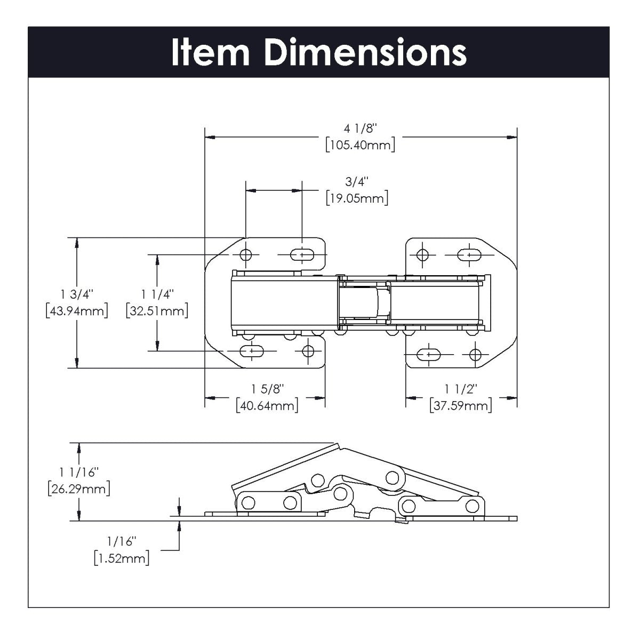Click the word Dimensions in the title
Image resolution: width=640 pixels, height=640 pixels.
click(365, 53)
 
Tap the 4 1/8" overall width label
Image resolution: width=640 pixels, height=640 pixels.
click(361, 129)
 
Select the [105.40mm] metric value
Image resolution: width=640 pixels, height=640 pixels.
click(361, 145)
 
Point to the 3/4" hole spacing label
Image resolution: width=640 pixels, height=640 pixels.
click(357, 182)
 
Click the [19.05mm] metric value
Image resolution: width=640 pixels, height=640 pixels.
click(357, 198)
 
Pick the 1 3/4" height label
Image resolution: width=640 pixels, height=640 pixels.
click(77, 294)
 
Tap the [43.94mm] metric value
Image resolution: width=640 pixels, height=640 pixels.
click(77, 310)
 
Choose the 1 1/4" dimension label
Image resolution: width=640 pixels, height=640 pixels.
click(157, 294)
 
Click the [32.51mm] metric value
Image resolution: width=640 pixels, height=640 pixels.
click(157, 310)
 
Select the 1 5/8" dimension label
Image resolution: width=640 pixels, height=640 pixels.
click(267, 389)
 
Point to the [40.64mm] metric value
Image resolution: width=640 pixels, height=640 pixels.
click(267, 406)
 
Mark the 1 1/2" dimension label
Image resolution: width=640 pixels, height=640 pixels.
click(461, 389)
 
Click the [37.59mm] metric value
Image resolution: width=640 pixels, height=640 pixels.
click(461, 406)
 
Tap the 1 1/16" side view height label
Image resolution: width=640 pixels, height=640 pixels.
click(79, 472)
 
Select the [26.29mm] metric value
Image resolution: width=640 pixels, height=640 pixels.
click(79, 489)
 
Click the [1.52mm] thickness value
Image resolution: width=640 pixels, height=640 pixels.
click(121, 558)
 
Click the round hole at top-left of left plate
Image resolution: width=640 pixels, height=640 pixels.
click(246, 255)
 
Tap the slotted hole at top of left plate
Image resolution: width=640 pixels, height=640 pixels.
click(302, 255)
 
